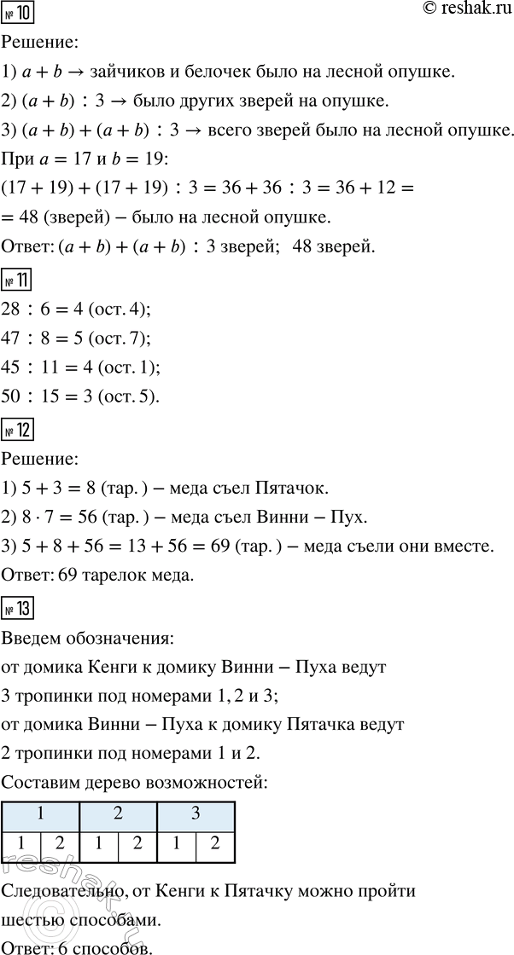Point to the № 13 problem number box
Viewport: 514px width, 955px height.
click(x=18, y=611)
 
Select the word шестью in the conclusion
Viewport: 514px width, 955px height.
click(x=28, y=921)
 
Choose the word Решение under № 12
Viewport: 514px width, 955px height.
click(x=42, y=460)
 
